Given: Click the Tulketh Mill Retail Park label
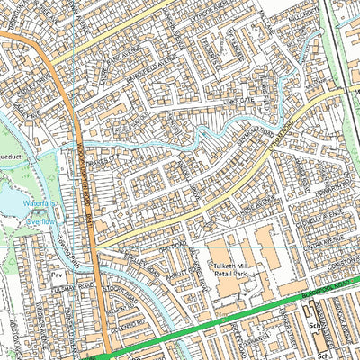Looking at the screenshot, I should coord(230,271).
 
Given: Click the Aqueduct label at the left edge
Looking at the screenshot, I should coord(11,141).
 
